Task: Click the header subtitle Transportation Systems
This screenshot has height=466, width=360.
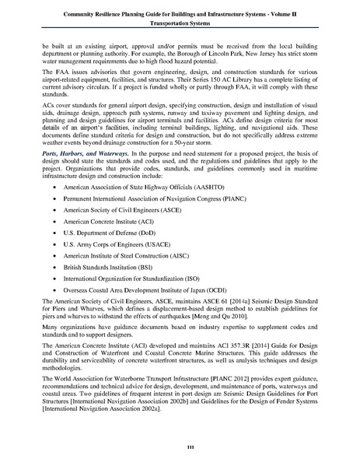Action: [180, 23]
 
